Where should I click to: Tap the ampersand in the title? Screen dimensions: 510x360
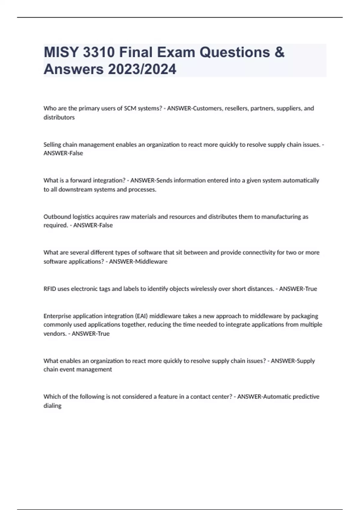279,52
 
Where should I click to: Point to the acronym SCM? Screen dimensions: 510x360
130,108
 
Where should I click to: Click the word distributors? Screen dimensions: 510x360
59,117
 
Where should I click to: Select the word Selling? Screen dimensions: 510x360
52,145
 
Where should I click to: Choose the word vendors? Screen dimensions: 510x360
55,334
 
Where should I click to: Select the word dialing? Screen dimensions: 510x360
52,406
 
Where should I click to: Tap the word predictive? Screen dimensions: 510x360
306,397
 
